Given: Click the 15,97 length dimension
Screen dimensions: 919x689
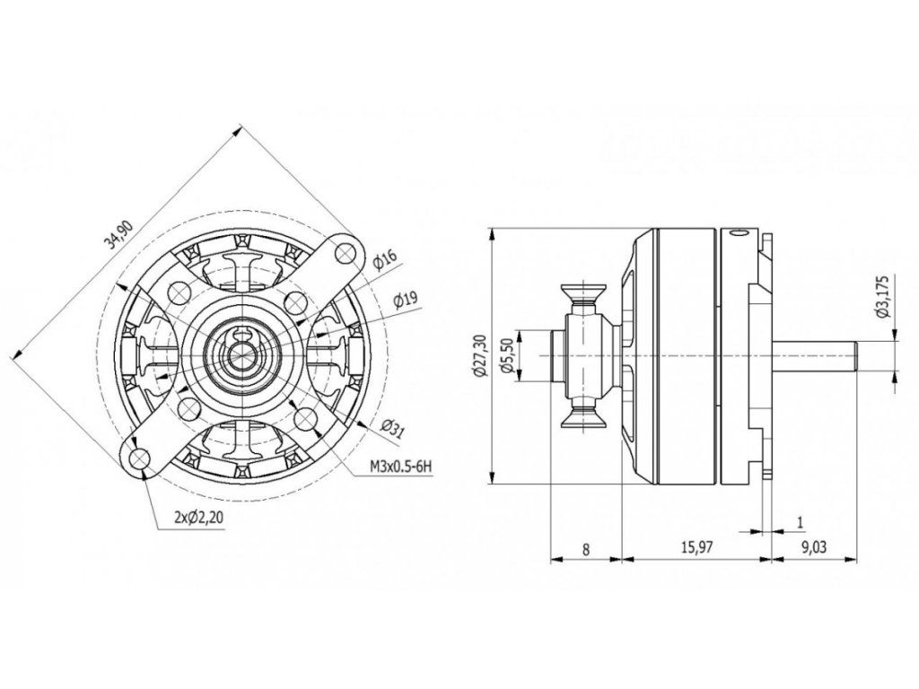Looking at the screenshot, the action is point(695,549).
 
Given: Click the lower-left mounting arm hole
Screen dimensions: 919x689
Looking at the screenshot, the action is point(139,459).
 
